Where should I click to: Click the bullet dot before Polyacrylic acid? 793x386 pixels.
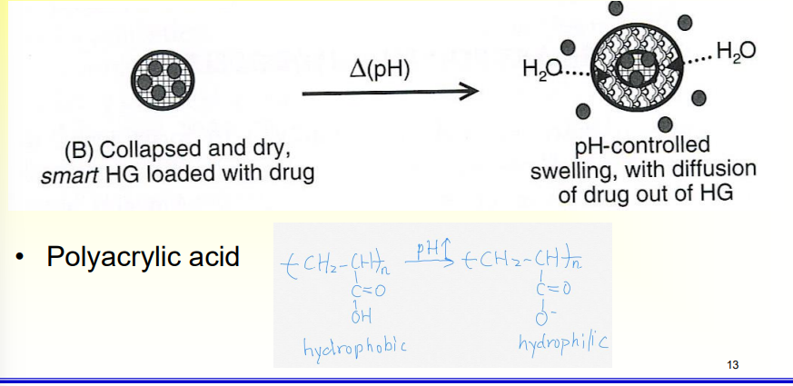(19, 258)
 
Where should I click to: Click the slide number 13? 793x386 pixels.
(732, 365)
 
